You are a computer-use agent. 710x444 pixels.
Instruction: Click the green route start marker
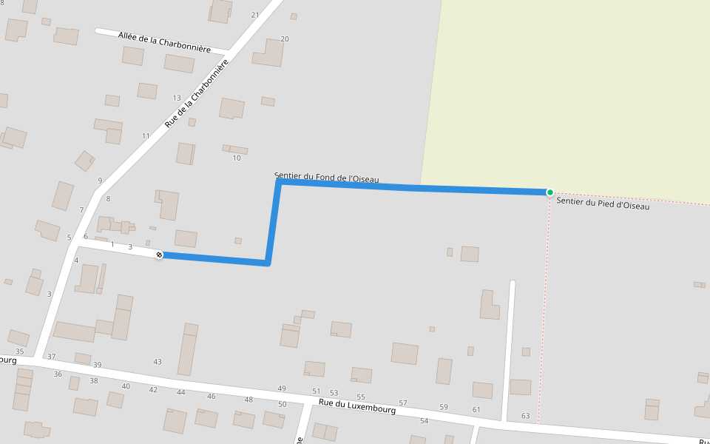[x=550, y=192]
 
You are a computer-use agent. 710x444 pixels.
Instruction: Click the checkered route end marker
[x=159, y=255]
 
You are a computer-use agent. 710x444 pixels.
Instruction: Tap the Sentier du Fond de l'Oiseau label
[x=326, y=178]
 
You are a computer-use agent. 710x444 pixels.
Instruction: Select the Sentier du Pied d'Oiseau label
[x=603, y=203]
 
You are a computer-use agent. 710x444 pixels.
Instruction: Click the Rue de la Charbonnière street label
[x=197, y=94]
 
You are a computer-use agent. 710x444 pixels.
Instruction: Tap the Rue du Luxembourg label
[x=357, y=405]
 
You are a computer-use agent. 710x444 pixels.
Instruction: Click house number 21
[x=255, y=15]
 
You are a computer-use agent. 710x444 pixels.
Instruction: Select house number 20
[x=285, y=38]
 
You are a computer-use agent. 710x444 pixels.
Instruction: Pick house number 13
[x=177, y=98]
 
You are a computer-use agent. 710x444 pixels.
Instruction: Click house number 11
[x=146, y=136]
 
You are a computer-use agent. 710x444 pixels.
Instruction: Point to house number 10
[x=237, y=158]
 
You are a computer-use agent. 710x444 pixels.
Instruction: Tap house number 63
[x=525, y=416]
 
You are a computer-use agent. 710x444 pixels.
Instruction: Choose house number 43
[x=158, y=362]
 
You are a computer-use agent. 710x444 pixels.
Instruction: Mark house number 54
[x=424, y=421]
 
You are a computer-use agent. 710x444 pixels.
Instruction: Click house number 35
[x=19, y=351]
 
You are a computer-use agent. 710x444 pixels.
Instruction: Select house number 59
[x=444, y=407]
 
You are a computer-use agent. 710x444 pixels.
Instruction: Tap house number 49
[x=282, y=388]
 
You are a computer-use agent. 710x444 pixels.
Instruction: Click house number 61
[x=476, y=409]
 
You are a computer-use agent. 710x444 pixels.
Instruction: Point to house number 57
[x=403, y=403]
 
